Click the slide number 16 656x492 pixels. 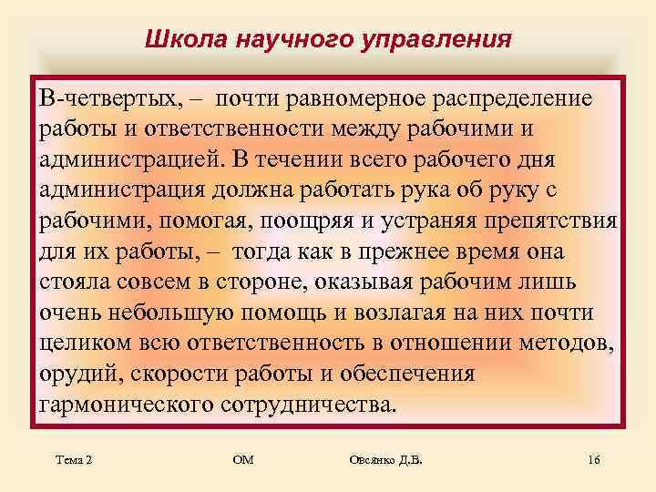coord(593,461)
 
